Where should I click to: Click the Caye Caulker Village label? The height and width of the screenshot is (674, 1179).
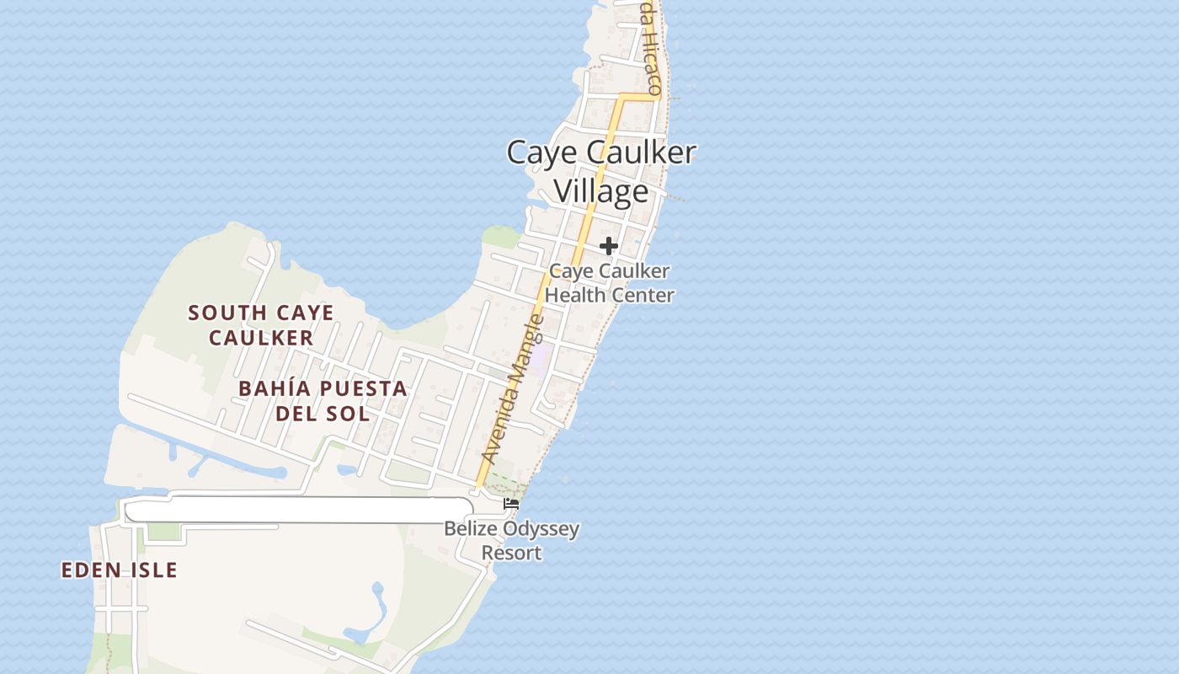tap(601, 171)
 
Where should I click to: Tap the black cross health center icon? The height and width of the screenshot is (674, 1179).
tap(609, 246)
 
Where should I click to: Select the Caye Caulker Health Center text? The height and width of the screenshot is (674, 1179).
tap(611, 283)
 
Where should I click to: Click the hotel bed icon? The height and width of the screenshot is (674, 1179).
tap(510, 504)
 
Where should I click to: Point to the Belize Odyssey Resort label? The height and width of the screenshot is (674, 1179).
tap(512, 541)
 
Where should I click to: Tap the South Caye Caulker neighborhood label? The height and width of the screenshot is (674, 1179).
tap(261, 325)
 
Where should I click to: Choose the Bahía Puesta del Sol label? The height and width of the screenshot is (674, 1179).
tap(323, 401)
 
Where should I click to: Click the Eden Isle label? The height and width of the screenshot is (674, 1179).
tap(120, 570)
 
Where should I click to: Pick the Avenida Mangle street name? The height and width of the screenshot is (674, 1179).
tap(511, 390)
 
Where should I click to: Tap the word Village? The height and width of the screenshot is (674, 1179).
tap(601, 191)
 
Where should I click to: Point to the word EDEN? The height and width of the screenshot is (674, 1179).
tap(88, 570)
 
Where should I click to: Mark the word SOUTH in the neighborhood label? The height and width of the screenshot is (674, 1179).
tap(221, 313)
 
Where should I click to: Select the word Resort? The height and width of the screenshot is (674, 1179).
tap(511, 553)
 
